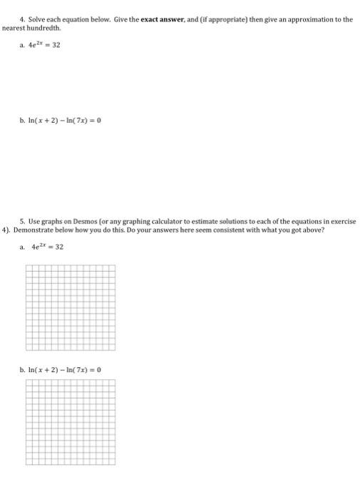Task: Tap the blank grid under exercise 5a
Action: pyautogui.click(x=71, y=307)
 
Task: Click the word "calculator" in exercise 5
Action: pyautogui.click(x=173, y=222)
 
